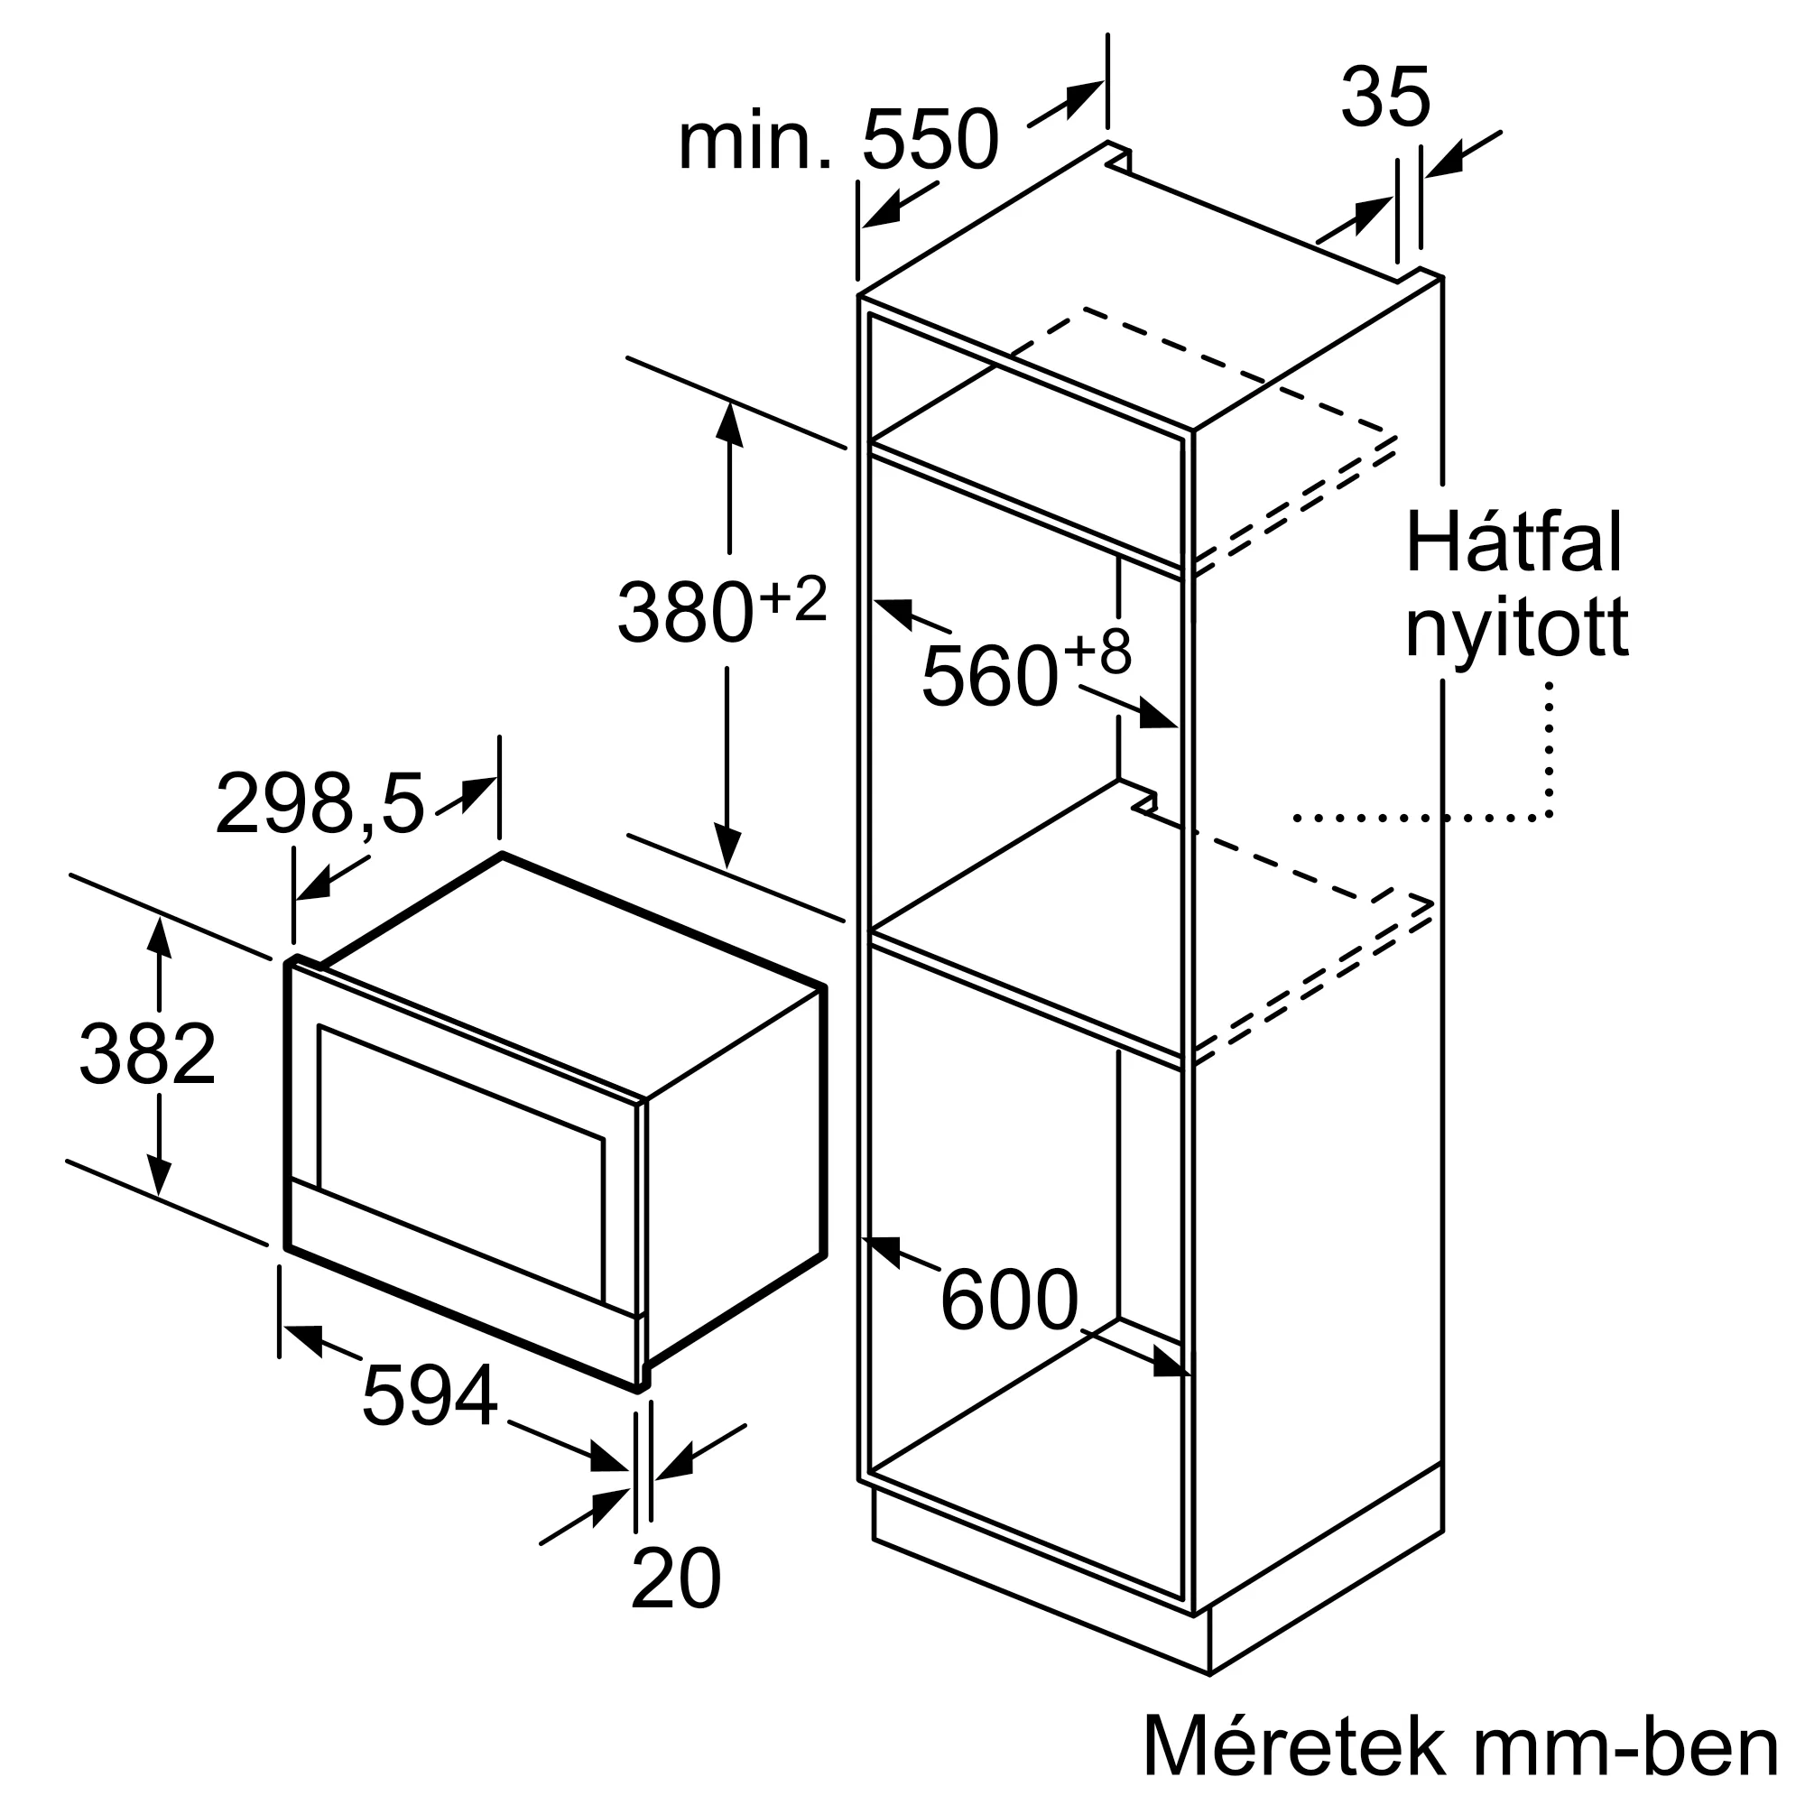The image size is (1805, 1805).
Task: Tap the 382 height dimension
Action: (148, 1054)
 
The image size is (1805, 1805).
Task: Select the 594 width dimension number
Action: (429, 1396)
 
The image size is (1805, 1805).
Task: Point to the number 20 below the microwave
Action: (675, 1578)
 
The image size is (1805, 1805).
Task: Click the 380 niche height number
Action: (685, 612)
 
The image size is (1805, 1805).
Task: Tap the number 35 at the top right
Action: (1384, 97)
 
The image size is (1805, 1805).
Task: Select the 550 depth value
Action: (930, 140)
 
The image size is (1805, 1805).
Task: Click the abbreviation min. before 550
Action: (754, 142)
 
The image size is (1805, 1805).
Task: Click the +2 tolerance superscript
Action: (793, 599)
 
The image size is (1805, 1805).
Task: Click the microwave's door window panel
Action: (460, 1162)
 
